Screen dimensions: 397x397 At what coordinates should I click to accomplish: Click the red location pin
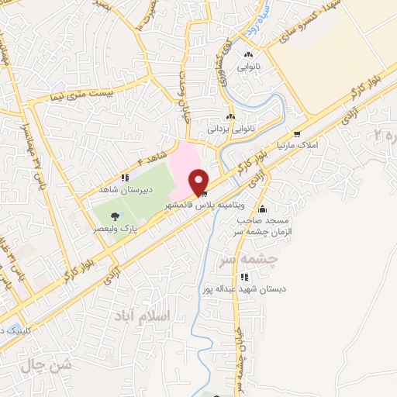click(x=199, y=181)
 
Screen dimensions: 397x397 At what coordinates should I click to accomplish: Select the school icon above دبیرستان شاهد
click(x=126, y=178)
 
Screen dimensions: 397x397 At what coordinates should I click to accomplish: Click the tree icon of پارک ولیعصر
click(x=116, y=216)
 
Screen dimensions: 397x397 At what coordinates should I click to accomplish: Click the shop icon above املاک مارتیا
click(x=296, y=133)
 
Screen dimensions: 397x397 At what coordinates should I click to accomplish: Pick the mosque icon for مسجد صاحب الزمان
click(x=263, y=209)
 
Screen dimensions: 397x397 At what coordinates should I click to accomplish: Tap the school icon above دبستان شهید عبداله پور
click(x=245, y=277)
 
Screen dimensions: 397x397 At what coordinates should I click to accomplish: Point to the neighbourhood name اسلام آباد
click(x=150, y=316)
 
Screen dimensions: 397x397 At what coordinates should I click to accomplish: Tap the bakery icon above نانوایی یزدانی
click(x=231, y=116)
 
